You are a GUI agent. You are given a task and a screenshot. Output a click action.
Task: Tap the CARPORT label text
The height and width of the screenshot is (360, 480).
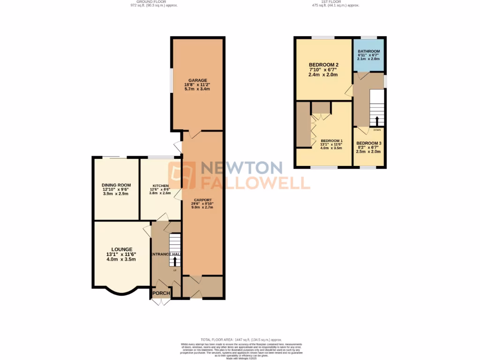click(203, 200)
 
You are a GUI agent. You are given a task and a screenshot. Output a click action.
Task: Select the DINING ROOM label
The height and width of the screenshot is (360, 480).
click(116, 185)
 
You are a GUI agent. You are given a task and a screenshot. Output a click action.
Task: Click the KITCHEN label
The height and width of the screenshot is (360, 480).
click(160, 186)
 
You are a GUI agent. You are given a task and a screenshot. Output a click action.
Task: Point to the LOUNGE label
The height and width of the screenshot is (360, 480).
click(121, 249)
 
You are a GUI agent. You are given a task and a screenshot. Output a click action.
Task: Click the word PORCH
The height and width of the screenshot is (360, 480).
click(161, 293)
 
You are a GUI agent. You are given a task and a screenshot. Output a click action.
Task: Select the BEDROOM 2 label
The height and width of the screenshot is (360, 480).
click(323, 65)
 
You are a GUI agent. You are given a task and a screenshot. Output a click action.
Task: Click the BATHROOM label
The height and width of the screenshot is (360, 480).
click(368, 52)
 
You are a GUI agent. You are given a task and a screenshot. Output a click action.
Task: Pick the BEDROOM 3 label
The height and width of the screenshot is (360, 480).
click(368, 143)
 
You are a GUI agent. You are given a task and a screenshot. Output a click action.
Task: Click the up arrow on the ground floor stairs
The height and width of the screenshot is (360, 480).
click(175, 260)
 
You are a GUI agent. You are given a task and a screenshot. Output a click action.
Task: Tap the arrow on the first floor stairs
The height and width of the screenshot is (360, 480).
click(377, 121)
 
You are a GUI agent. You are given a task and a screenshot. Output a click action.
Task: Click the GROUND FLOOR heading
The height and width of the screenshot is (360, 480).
click(154, 2)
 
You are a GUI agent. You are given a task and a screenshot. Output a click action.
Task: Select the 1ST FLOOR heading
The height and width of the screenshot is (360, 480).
click(335, 2)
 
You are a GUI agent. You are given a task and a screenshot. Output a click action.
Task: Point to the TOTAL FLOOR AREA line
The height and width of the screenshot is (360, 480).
click(240, 339)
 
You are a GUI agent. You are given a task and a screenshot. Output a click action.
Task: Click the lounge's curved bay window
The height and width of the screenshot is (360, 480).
click(121, 292)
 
